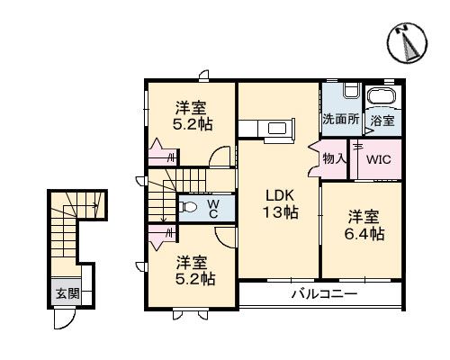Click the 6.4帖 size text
(x=366, y=232)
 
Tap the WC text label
(x=213, y=209)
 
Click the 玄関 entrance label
(x=67, y=292)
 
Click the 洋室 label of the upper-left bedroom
(x=190, y=106)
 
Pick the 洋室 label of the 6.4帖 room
(x=366, y=215)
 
